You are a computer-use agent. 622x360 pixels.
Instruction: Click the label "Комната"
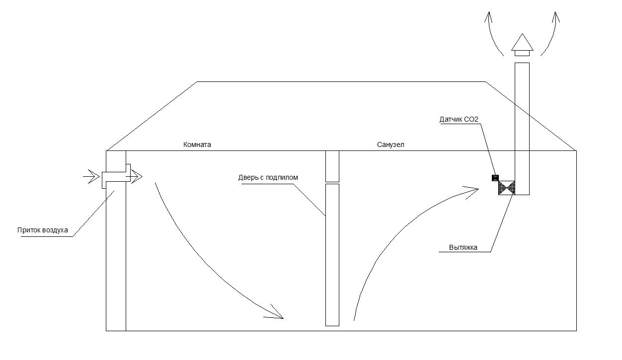[197, 145]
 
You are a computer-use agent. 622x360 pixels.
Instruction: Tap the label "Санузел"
[391, 145]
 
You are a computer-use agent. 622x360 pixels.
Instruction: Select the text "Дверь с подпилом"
[268, 177]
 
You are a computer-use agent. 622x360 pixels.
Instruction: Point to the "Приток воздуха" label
[42, 230]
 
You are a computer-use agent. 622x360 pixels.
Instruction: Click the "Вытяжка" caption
[463, 247]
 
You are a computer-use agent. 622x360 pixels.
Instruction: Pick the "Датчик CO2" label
[459, 120]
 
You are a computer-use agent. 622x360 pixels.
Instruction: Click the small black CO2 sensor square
[495, 178]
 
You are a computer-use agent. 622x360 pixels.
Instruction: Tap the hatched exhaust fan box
[507, 188]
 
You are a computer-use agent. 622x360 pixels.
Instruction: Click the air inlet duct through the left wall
[116, 176]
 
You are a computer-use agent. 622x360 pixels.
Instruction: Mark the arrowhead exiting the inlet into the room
[137, 176]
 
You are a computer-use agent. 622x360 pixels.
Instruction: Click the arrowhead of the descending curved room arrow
[276, 313]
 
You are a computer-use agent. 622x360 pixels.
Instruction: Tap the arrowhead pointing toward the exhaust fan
[472, 190]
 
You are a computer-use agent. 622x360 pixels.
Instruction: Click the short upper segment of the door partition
[332, 166]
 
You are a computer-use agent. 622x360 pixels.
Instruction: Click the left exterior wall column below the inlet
[116, 258]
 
